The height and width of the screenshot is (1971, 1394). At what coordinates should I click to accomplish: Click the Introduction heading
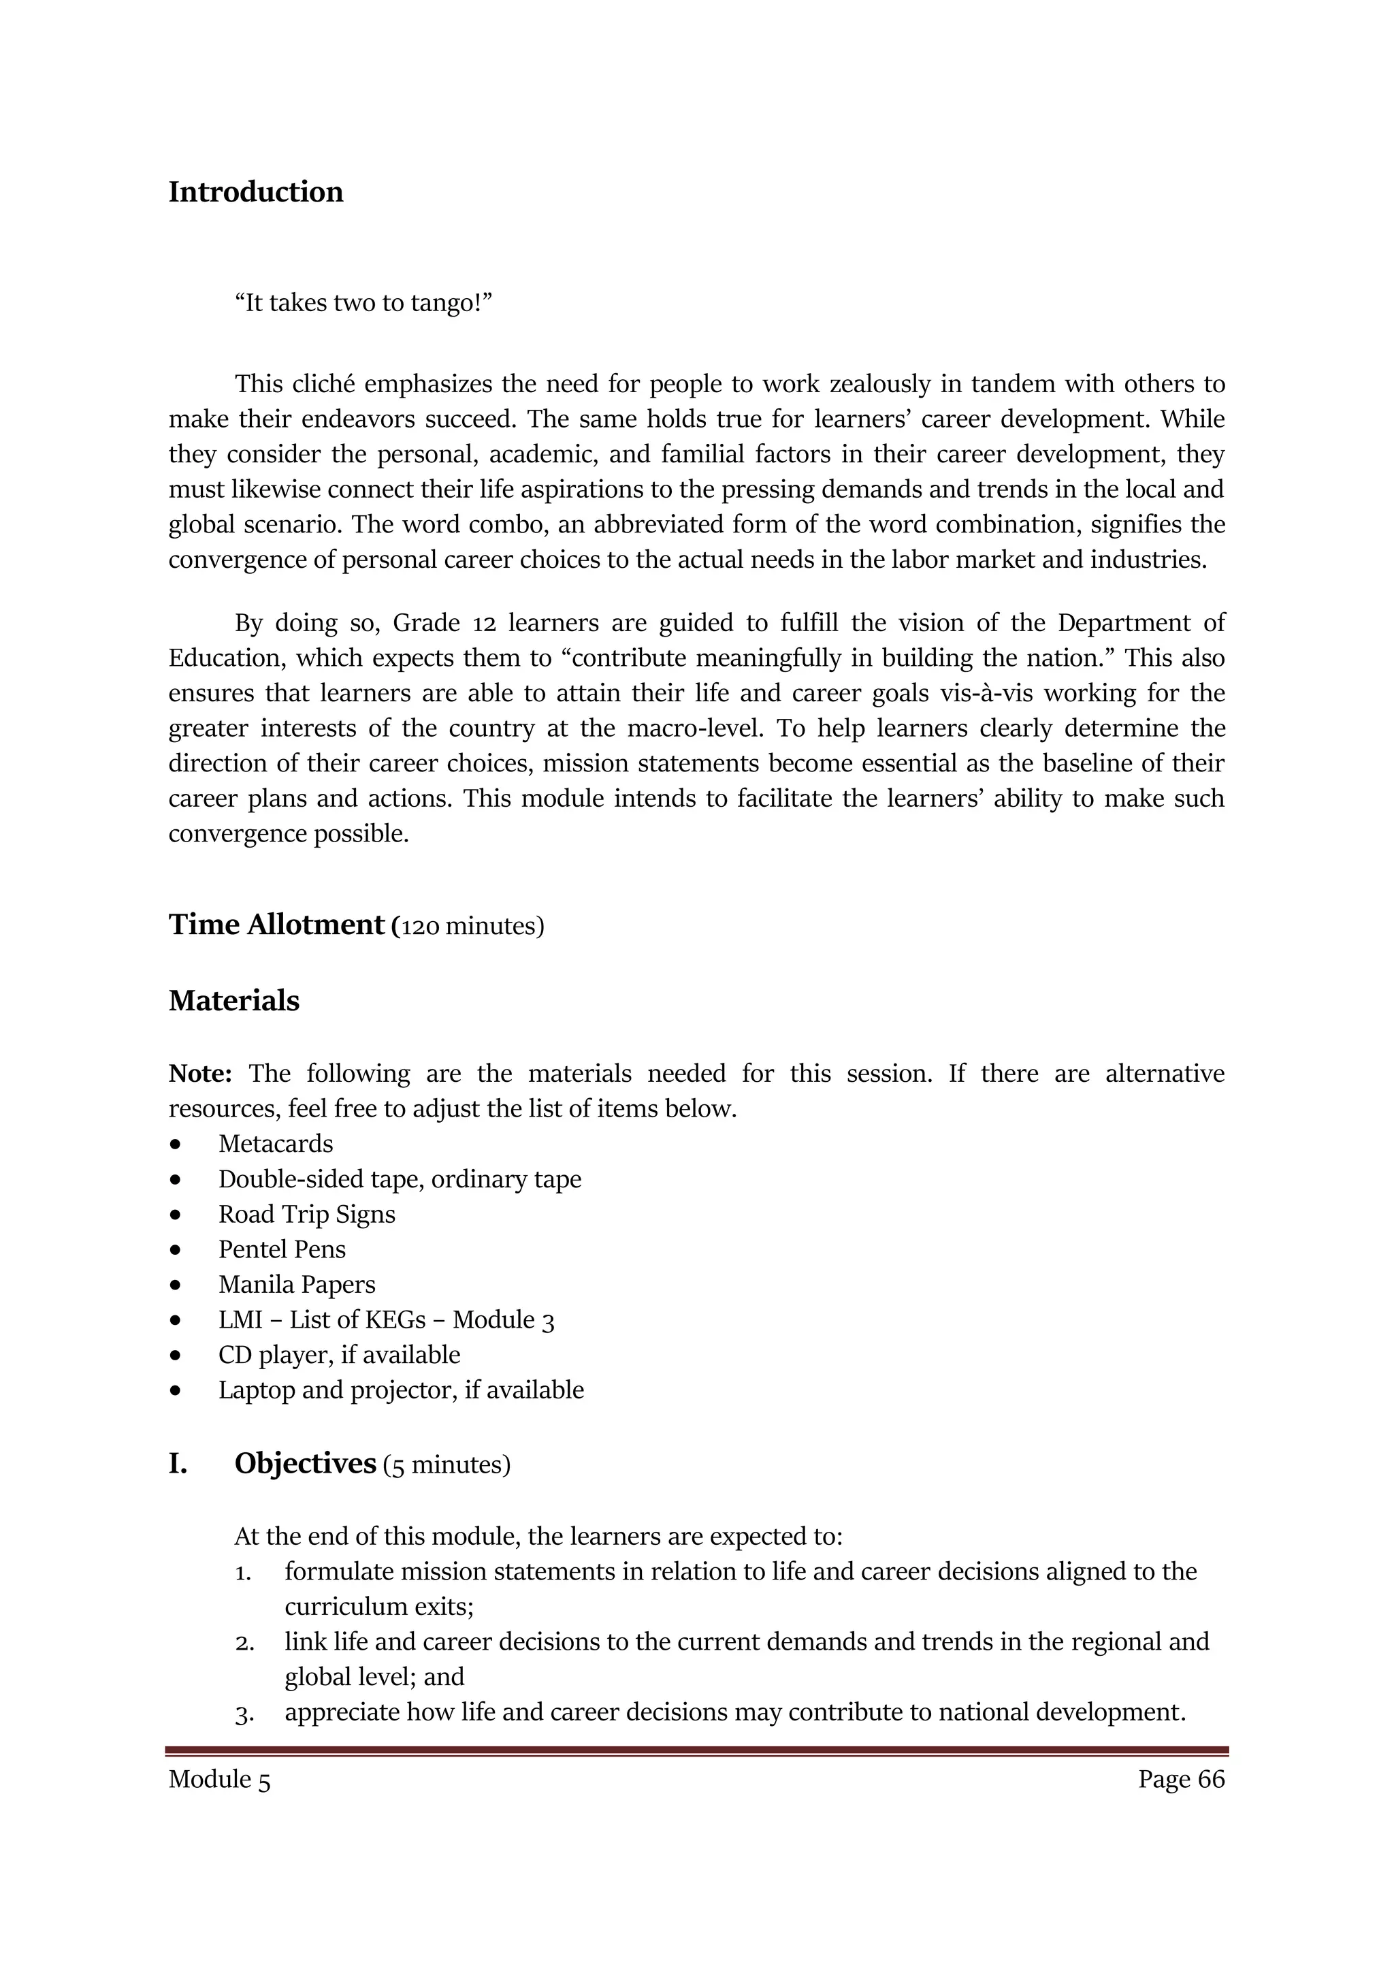[256, 192]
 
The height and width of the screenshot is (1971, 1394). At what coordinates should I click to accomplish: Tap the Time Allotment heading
[276, 925]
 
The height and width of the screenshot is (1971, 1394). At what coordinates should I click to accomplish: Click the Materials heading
[233, 1001]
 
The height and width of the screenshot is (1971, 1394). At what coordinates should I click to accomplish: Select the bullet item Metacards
[276, 1144]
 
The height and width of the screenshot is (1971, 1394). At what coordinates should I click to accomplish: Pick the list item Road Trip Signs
[306, 1215]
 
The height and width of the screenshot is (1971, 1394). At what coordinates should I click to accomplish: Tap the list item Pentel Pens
[282, 1250]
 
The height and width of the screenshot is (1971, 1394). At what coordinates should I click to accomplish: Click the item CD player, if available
[339, 1356]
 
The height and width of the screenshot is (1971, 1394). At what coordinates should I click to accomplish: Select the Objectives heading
[305, 1464]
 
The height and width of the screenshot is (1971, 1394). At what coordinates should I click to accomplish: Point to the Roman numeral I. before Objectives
[178, 1464]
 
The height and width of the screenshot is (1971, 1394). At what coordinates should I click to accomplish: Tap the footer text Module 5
[219, 1780]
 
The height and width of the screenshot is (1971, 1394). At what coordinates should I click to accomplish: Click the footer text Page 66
[1181, 1780]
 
